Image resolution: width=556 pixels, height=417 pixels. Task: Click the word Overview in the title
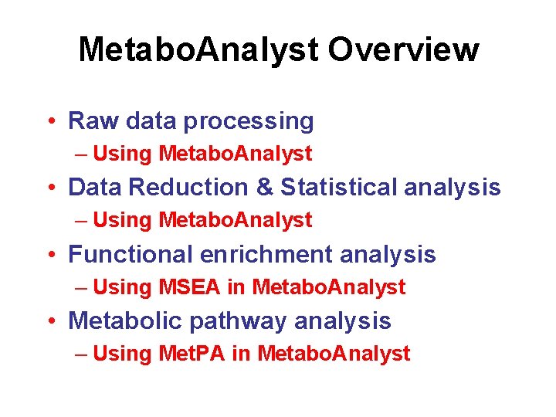tap(403, 50)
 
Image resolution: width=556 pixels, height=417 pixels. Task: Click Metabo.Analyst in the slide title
tap(198, 50)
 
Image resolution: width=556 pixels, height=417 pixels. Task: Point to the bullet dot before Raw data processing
tap(50, 122)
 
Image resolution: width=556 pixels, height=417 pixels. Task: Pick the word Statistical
tap(338, 188)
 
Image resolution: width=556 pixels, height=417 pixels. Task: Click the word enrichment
tap(266, 254)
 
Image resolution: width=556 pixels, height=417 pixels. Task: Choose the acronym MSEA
tap(189, 287)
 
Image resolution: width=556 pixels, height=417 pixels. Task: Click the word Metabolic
tap(125, 320)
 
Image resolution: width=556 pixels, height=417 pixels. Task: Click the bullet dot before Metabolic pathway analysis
tap(50, 321)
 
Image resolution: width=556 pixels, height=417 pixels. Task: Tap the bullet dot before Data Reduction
tap(50, 188)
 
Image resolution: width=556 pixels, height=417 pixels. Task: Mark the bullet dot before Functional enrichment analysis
tap(50, 255)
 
